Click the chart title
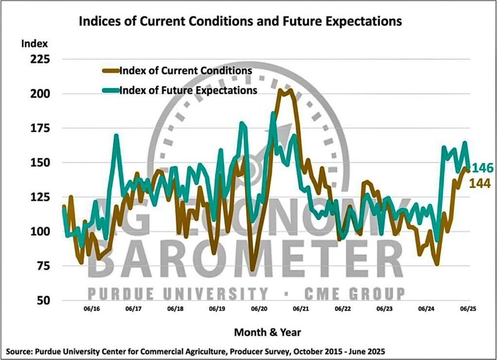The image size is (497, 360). pos(240,21)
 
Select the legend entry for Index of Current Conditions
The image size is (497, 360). pos(185,70)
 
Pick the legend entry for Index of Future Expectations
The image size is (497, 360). pos(188,90)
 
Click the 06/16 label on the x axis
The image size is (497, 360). pos(91,309)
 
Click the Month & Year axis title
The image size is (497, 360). pos(267,332)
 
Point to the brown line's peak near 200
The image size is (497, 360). pos(281,90)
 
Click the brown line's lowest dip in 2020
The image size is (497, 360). pos(252,270)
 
